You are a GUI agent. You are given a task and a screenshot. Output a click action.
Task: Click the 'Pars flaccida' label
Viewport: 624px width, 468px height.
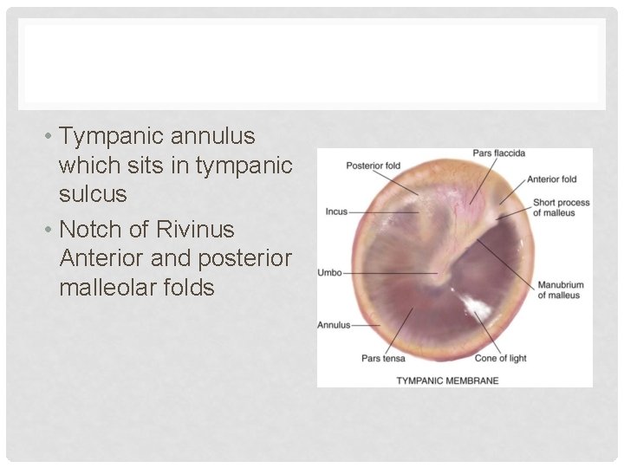click(498, 153)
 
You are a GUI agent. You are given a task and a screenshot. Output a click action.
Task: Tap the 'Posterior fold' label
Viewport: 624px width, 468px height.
click(373, 166)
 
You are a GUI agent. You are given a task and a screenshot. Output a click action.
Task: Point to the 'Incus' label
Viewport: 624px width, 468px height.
click(336, 211)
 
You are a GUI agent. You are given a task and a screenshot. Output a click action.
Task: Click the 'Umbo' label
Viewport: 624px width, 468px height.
click(330, 273)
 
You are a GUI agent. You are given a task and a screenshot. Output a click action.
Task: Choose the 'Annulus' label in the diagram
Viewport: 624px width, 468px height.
click(334, 325)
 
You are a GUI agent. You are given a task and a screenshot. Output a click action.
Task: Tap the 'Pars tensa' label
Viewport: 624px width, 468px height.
click(382, 358)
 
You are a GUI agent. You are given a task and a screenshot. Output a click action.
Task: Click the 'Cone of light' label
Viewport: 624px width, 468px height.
click(500, 358)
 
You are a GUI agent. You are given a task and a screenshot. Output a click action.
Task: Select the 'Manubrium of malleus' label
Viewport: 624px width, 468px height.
click(561, 290)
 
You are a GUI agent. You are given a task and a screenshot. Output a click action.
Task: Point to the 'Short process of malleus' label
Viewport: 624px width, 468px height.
click(561, 208)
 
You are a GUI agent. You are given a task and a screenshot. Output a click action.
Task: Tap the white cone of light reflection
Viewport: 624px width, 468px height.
click(474, 306)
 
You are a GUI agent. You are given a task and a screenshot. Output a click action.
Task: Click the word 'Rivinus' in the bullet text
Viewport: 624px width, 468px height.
click(195, 230)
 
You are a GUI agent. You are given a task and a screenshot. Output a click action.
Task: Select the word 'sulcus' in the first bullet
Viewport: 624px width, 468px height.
click(93, 194)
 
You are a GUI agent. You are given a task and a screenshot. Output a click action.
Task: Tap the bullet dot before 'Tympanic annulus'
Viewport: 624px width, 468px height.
click(50, 137)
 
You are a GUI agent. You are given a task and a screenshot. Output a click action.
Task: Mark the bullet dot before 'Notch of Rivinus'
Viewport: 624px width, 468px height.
click(50, 231)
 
